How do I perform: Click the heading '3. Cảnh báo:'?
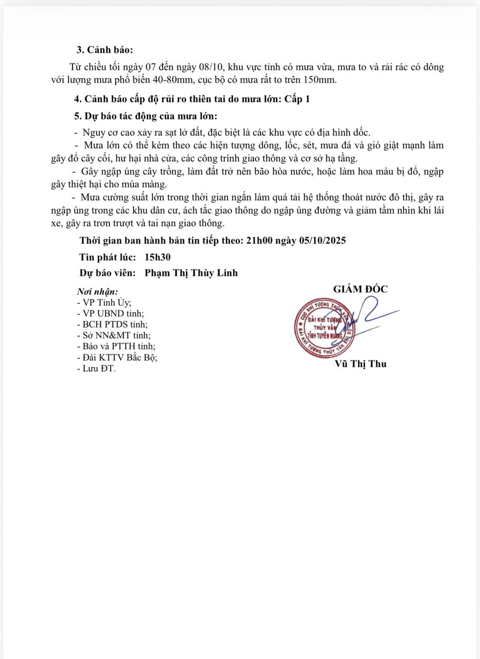pos(105,50)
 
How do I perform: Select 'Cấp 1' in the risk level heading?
pos(297,99)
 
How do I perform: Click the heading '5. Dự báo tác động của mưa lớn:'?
pos(145,116)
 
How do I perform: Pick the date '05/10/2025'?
pos(322,240)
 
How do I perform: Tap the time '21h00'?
pos(259,240)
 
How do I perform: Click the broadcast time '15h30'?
pos(157,257)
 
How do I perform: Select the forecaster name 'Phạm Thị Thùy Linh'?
pos(191,273)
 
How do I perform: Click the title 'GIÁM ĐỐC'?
pos(360,289)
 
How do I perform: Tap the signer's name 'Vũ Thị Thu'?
pos(361,364)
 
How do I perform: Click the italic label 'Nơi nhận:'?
pos(97,292)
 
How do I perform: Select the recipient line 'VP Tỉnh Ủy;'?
pos(104,302)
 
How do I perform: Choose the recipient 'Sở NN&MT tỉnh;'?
pos(114,335)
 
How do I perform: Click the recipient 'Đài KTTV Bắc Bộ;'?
pos(117,357)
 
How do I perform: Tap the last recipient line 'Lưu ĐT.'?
pos(96,368)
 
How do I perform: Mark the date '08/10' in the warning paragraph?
pos(211,67)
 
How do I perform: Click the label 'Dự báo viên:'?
pos(107,273)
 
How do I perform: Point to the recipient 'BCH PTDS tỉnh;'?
pos(112,324)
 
